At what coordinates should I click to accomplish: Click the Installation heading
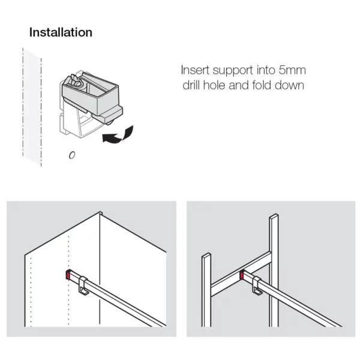click(61, 32)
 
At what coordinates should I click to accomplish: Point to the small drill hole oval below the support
click(71, 155)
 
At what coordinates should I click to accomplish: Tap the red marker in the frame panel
click(241, 276)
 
